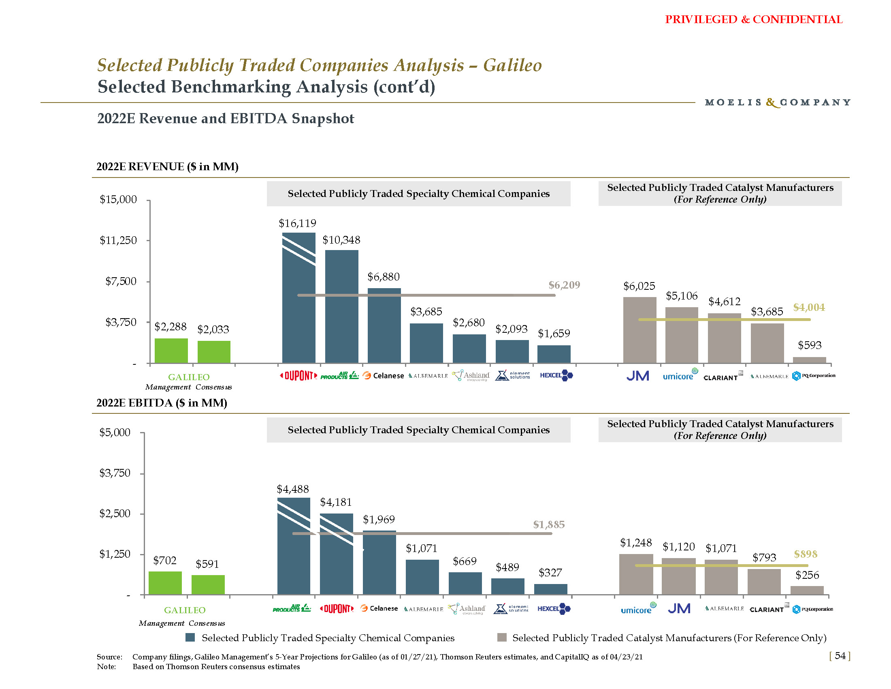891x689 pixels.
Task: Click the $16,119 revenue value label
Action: pyautogui.click(x=297, y=223)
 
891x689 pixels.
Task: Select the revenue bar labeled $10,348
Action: pyautogui.click(x=341, y=306)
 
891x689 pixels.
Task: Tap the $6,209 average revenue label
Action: pyautogui.click(x=564, y=285)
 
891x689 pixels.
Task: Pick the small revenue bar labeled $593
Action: pyautogui.click(x=809, y=360)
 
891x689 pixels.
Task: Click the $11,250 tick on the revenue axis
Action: pyautogui.click(x=118, y=240)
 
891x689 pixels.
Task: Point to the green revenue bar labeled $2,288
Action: pyautogui.click(x=171, y=351)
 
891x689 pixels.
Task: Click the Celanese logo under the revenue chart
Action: pyautogui.click(x=383, y=376)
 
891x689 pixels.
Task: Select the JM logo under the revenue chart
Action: pyautogui.click(x=637, y=376)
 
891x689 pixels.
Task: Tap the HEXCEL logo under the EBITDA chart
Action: pyautogui.click(x=554, y=609)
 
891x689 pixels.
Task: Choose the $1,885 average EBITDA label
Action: pyautogui.click(x=549, y=524)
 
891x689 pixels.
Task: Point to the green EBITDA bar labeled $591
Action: pyautogui.click(x=208, y=584)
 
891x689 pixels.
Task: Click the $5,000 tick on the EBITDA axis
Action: pyautogui.click(x=115, y=432)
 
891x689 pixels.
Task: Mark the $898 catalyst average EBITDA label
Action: pyautogui.click(x=805, y=554)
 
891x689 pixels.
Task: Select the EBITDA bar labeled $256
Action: pyautogui.click(x=806, y=590)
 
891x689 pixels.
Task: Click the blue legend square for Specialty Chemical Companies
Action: pyautogui.click(x=190, y=638)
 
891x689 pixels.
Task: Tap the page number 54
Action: pyautogui.click(x=840, y=655)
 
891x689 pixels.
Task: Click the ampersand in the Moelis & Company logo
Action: pyautogui.click(x=771, y=102)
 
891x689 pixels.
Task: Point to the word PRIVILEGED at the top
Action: pyautogui.click(x=701, y=19)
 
